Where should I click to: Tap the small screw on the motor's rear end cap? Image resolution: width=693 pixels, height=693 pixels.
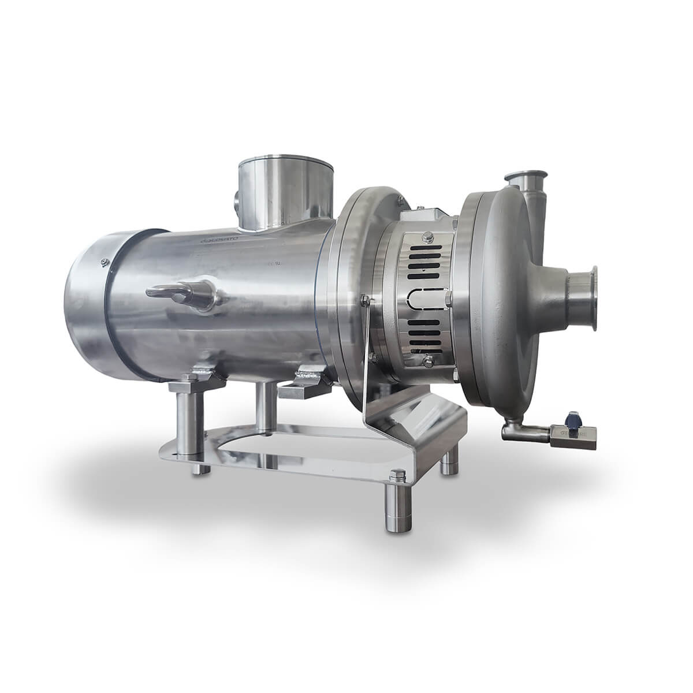103,261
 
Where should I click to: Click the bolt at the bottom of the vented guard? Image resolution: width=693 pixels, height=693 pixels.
427,362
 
